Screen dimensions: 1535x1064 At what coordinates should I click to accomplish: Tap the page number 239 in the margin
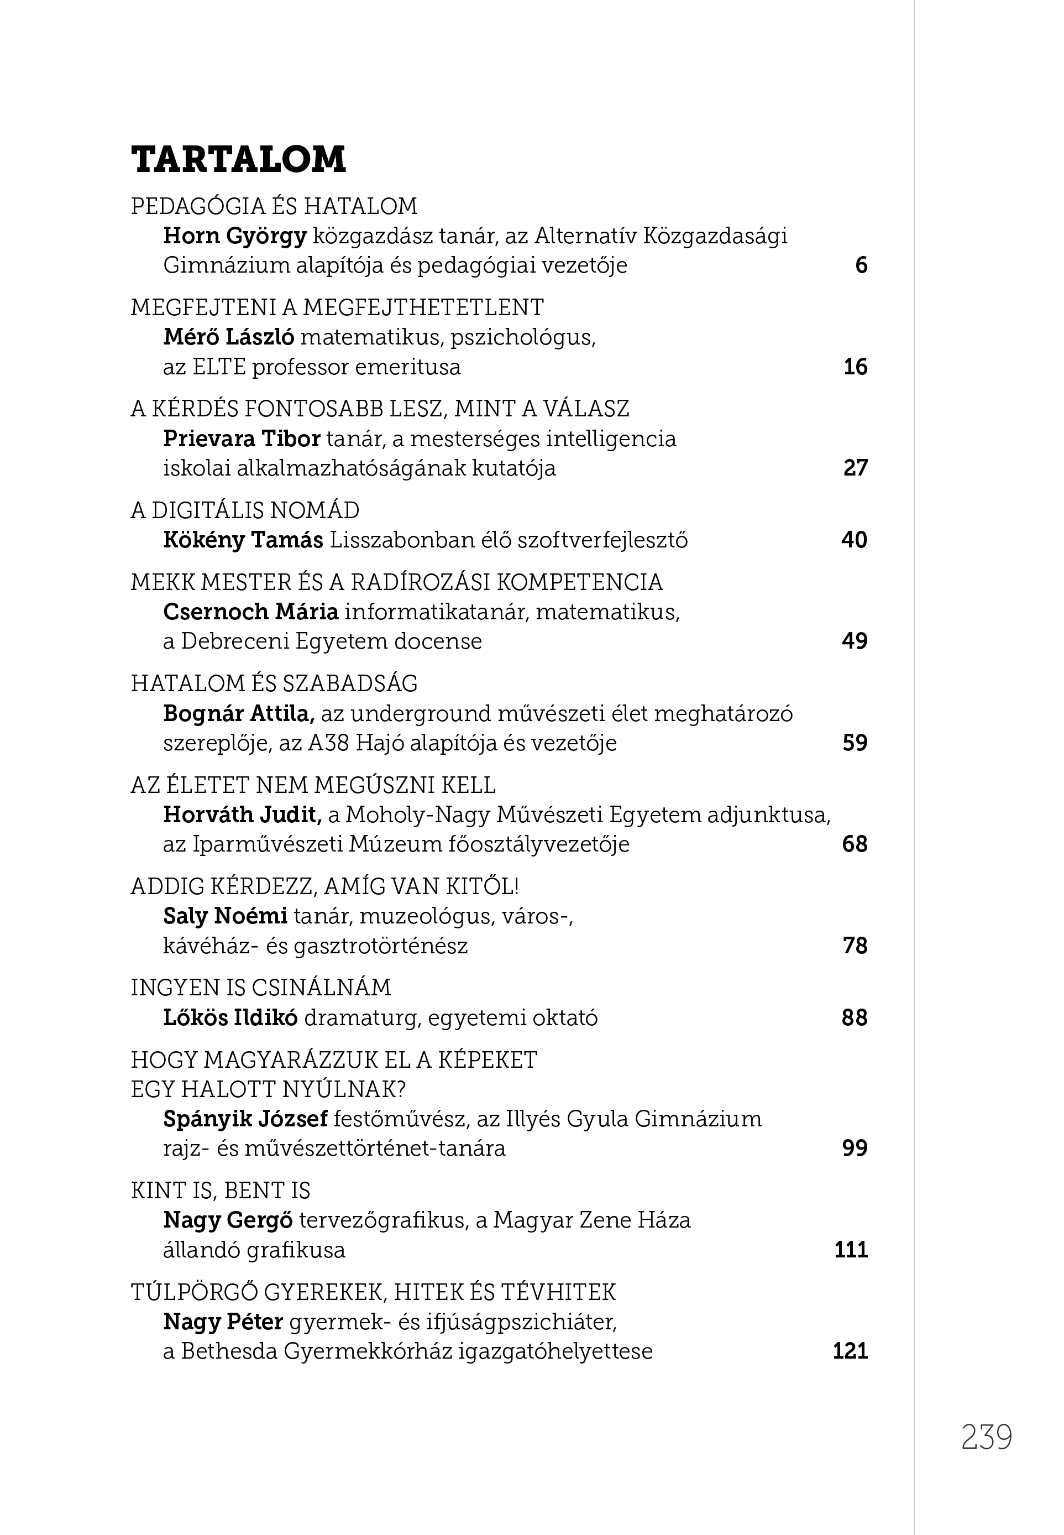click(x=986, y=1438)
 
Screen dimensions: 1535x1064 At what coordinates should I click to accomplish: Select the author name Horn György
click(x=235, y=236)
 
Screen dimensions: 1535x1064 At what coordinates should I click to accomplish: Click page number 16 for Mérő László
click(x=855, y=367)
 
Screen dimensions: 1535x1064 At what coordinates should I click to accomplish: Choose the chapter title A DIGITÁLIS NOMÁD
click(x=245, y=510)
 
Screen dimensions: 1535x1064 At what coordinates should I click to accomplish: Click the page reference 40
click(x=854, y=540)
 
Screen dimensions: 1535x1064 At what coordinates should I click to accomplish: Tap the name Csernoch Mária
click(x=251, y=612)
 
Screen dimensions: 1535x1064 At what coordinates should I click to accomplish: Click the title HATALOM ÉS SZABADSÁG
click(x=274, y=683)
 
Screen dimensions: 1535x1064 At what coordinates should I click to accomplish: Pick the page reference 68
click(x=855, y=844)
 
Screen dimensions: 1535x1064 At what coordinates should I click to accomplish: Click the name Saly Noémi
click(x=226, y=916)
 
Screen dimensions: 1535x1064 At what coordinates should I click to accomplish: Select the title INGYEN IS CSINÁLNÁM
click(x=261, y=988)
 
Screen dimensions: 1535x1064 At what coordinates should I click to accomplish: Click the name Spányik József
click(x=245, y=1119)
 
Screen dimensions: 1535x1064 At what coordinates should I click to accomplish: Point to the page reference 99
click(x=855, y=1148)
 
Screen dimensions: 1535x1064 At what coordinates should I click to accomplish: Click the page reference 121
click(x=850, y=1351)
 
